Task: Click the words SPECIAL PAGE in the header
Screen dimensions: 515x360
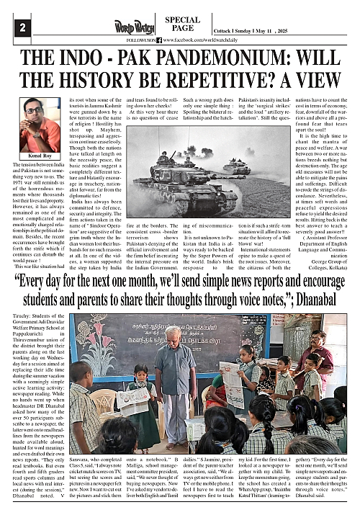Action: click(182, 24)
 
